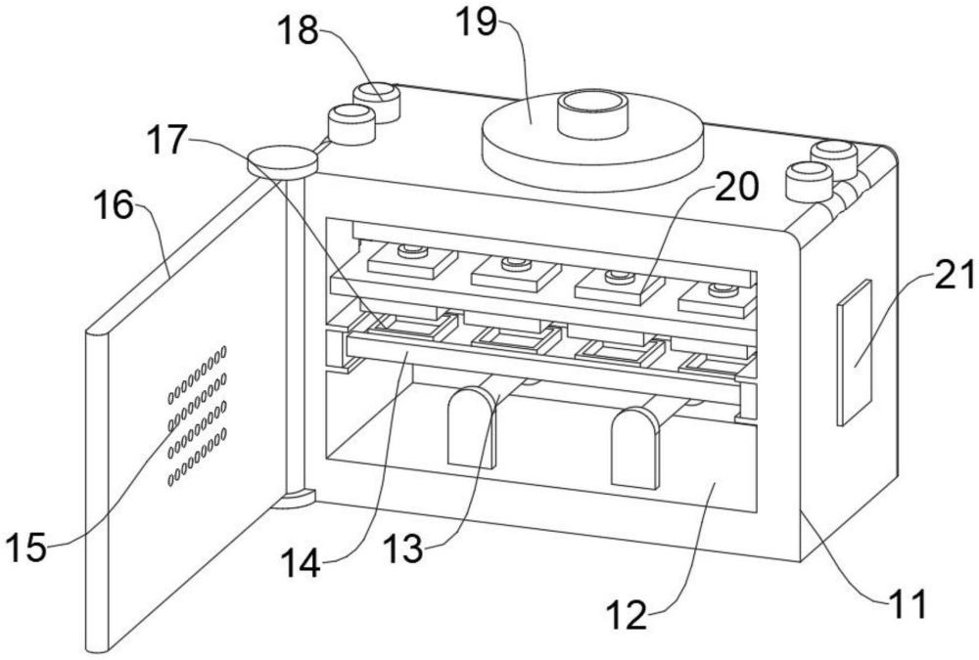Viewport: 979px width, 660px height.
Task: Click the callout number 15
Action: click(x=25, y=549)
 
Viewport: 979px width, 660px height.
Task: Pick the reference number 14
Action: click(x=301, y=563)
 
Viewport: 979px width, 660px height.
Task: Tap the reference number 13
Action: click(x=402, y=549)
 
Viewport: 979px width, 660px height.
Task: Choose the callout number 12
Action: click(x=627, y=616)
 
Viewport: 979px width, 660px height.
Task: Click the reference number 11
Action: click(x=907, y=603)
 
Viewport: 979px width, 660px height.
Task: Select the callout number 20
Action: click(x=737, y=187)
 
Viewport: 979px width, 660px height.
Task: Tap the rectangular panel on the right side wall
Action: click(x=854, y=352)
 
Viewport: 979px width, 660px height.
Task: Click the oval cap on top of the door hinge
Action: click(x=283, y=160)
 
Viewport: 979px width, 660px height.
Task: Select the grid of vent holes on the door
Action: click(x=198, y=416)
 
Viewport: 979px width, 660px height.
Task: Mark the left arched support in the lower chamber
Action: click(x=473, y=426)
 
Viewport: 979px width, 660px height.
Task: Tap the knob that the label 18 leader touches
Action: click(x=377, y=102)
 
